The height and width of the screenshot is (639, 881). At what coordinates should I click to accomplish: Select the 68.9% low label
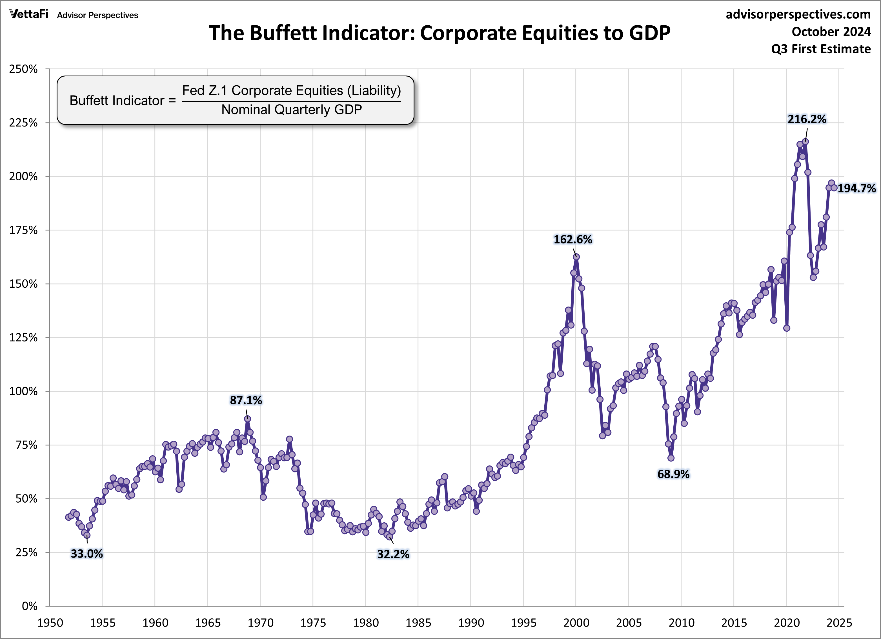[673, 474]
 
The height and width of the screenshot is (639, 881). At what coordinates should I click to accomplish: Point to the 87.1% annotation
[246, 400]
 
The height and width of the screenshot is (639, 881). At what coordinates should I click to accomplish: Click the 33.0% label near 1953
[86, 554]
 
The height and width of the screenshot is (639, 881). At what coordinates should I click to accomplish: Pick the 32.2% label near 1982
[393, 554]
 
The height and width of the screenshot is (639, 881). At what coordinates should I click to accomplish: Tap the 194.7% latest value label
[856, 188]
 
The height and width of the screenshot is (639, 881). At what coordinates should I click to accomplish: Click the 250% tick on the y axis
[23, 69]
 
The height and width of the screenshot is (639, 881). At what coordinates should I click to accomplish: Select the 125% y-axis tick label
[23, 338]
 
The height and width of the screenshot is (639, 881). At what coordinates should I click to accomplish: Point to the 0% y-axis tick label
[30, 606]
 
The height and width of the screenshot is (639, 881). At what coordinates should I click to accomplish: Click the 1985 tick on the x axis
[418, 623]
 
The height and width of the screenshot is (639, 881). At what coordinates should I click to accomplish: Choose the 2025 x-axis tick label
[839, 623]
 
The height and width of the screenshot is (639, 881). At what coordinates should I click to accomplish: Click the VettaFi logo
[29, 14]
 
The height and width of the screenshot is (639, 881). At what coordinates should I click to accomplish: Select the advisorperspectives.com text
[798, 14]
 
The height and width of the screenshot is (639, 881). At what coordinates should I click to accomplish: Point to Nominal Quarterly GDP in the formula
[291, 110]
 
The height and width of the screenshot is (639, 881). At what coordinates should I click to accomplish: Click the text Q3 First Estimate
[821, 49]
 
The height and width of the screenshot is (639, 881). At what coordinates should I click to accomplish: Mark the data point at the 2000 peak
[576, 257]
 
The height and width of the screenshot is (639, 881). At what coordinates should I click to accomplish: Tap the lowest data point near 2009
[671, 458]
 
